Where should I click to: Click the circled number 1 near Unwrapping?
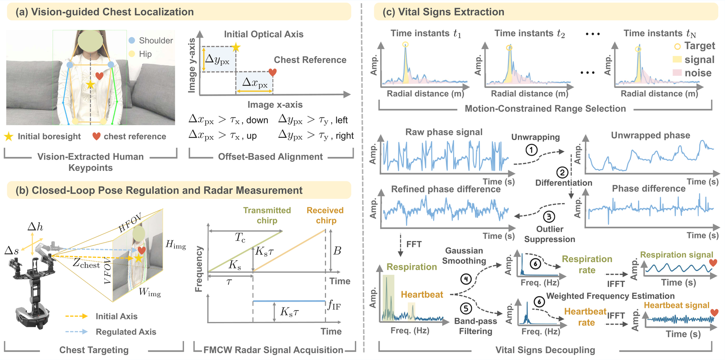532,150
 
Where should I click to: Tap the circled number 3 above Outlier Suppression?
549,217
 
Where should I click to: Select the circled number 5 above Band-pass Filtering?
466,308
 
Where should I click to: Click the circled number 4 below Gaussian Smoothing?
466,279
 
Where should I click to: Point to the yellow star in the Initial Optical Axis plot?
236,47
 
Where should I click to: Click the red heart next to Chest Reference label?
272,72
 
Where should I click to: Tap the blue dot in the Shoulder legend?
132,40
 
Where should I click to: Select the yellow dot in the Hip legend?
132,54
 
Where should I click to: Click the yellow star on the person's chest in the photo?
90,85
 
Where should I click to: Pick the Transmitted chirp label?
267,215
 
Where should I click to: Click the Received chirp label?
325,215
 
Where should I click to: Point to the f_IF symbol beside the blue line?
334,305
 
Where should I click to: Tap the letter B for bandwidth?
337,251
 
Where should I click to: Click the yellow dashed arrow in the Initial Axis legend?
77,316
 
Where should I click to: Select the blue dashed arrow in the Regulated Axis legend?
77,331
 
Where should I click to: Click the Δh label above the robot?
35,227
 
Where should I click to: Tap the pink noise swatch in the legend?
677,73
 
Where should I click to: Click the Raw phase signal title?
444,132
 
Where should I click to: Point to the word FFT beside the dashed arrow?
414,244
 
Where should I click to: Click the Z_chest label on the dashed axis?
86,263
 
